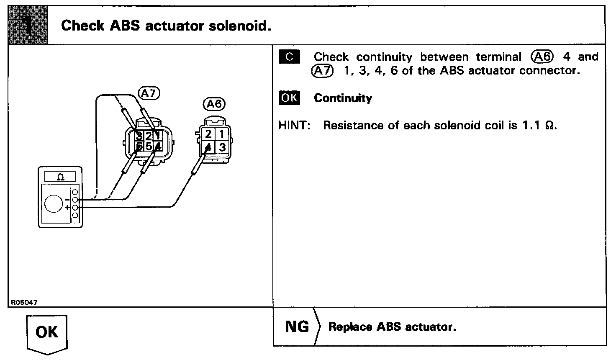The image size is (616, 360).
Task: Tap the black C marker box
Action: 289,57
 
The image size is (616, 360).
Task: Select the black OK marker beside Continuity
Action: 289,98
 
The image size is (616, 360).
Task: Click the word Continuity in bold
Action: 343,98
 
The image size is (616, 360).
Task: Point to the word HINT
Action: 294,125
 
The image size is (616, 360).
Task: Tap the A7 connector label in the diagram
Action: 149,93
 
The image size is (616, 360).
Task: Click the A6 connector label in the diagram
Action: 214,103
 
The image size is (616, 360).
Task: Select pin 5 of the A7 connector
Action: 149,146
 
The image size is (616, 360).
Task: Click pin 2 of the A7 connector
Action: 149,135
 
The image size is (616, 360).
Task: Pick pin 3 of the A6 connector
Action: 222,147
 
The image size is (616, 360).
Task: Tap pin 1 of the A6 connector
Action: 222,134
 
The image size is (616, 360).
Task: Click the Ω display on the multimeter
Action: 60,177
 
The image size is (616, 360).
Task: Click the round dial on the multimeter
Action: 54,204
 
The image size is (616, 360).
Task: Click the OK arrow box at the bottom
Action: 46,333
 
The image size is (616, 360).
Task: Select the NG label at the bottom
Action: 297,327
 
